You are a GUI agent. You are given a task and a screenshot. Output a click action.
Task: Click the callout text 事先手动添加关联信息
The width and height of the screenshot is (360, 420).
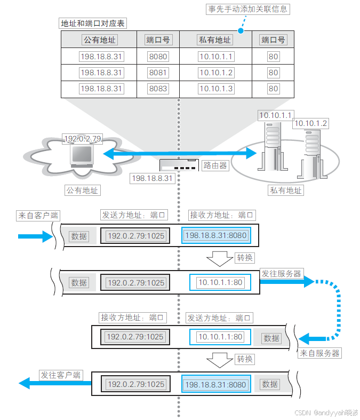[x=247, y=9]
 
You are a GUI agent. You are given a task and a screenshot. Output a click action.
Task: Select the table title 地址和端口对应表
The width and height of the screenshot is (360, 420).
[x=93, y=23]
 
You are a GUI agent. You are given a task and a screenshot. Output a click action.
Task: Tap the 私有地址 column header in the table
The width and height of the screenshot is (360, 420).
[x=215, y=39]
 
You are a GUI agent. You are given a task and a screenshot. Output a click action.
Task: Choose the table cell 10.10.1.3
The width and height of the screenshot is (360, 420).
[x=215, y=89]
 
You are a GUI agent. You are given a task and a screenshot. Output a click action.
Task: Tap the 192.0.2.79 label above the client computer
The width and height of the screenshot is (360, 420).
[x=82, y=139]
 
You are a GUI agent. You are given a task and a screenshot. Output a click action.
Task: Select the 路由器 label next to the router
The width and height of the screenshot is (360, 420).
[x=215, y=165]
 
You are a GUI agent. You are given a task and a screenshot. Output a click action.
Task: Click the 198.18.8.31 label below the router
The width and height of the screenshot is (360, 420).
[x=153, y=178]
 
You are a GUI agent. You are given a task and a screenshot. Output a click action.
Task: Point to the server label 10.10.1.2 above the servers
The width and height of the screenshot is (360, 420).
[x=310, y=123]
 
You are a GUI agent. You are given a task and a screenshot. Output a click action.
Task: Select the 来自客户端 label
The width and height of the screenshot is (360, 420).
[x=38, y=216]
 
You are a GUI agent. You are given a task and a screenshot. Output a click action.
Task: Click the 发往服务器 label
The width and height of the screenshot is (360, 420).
[x=281, y=273]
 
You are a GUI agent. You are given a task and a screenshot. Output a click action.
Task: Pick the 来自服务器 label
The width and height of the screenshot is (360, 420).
[x=319, y=353]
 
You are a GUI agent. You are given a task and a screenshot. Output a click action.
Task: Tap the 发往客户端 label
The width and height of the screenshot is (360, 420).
[x=60, y=375]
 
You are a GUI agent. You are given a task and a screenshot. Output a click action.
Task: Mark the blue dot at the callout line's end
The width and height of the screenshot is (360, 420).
[x=241, y=31]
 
